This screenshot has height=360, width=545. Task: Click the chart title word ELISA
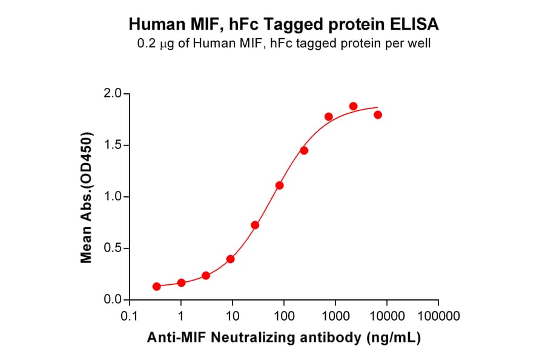point(416,25)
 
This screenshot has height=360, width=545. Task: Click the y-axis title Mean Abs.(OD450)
point(87,197)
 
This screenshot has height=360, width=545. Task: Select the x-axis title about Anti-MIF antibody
point(283,338)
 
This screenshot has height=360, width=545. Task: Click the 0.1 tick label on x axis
point(129,316)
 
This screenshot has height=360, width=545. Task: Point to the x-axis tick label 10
point(233,316)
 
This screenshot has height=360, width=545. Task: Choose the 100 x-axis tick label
point(284,316)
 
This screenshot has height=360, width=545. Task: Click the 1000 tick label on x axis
point(335,316)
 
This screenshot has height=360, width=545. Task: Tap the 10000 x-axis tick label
point(387,316)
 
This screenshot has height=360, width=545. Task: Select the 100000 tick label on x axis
point(438,316)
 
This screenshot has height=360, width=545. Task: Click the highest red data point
point(353,106)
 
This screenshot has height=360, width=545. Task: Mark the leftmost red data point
point(157,286)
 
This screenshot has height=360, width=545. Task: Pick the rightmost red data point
point(378,115)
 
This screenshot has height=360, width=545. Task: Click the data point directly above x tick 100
point(279,185)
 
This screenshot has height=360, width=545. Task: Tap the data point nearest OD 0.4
point(230,259)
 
